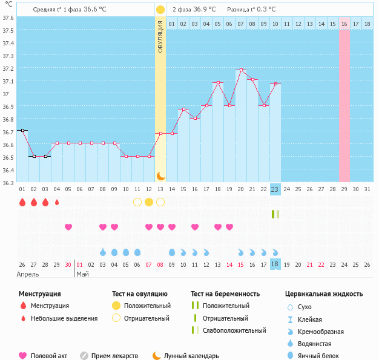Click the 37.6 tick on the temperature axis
[8, 18]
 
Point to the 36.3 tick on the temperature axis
[8, 182]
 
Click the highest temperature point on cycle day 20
[241, 70]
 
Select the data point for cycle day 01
[22, 130]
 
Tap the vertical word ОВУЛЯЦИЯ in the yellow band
[160, 36]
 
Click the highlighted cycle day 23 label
[275, 189]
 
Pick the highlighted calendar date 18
[275, 264]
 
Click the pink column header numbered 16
[344, 24]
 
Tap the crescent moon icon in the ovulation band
[160, 175]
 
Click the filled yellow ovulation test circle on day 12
[149, 202]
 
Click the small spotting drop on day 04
[57, 202]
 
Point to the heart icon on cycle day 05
[68, 227]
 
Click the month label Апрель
[27, 274]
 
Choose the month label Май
[83, 274]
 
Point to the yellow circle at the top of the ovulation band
[160, 10]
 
